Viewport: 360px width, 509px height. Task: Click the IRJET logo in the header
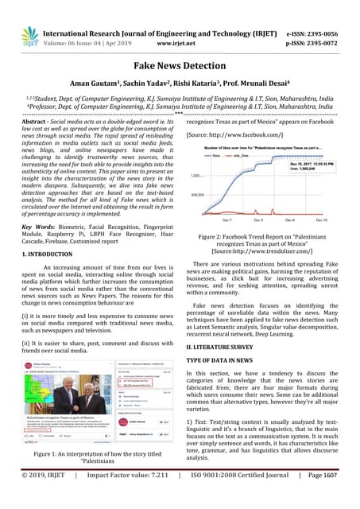click(x=29, y=36)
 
